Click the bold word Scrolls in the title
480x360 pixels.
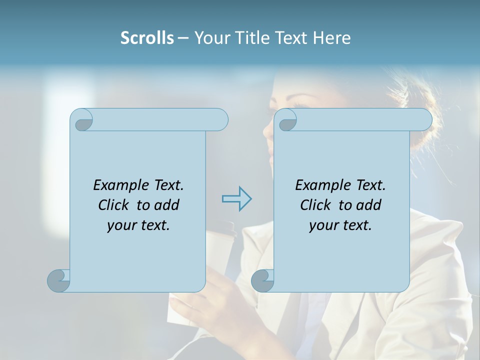click(x=147, y=38)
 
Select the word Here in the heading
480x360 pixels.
click(x=331, y=38)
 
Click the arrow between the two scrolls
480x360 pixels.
click(x=236, y=198)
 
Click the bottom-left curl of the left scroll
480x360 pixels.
click(x=59, y=280)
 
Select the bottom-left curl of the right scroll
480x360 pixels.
click(x=262, y=280)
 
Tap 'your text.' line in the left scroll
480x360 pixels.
click(x=138, y=225)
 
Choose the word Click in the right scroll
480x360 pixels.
click(x=315, y=205)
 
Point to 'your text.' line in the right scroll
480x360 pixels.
click(x=340, y=225)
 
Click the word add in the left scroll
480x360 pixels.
click(x=166, y=205)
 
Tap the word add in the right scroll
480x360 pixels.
click(x=368, y=205)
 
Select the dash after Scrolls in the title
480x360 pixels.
click(x=183, y=38)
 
